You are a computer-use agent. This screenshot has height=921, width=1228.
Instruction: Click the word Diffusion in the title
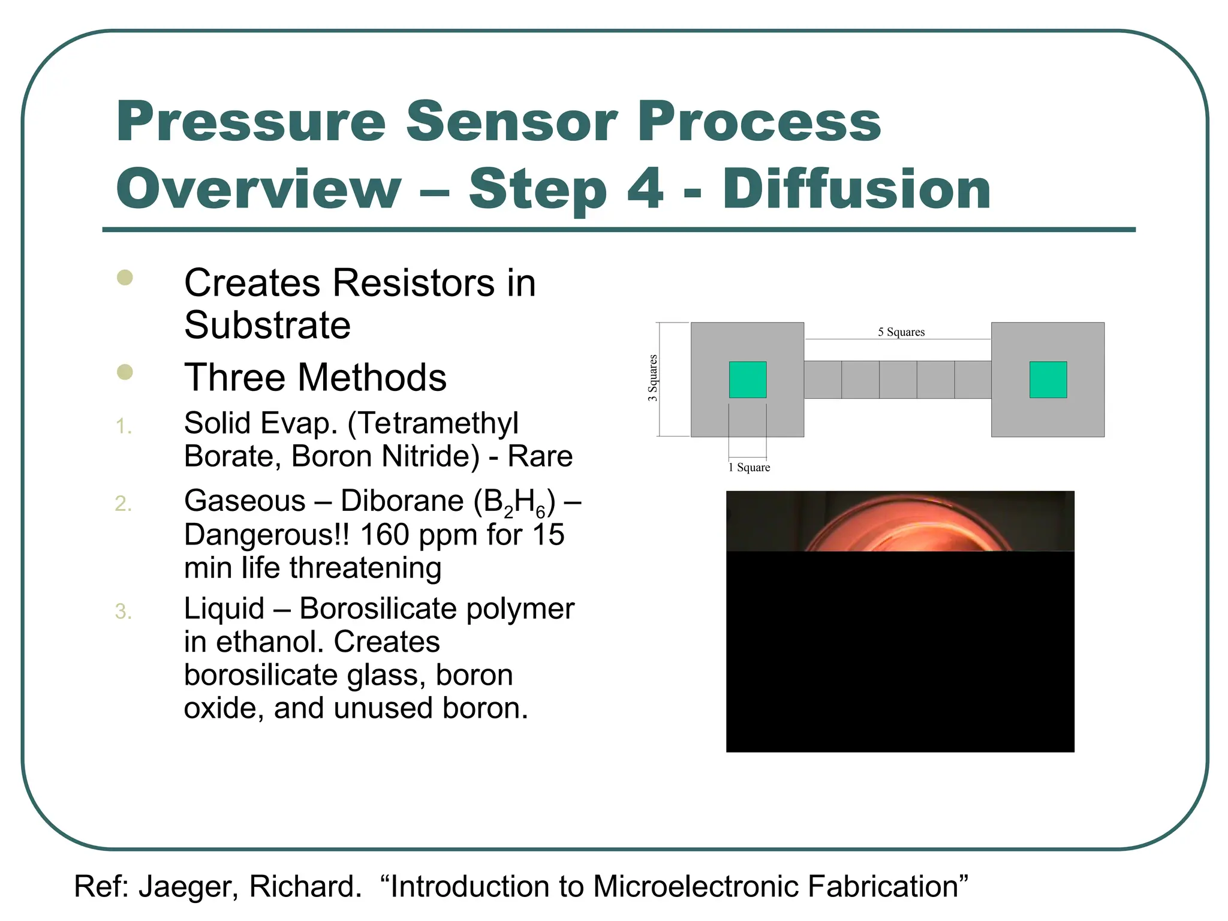(856, 189)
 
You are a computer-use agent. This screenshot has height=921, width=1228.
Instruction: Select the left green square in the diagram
(747, 380)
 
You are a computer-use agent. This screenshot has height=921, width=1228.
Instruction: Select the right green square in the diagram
(1048, 380)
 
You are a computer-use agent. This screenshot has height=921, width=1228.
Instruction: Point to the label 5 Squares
(901, 332)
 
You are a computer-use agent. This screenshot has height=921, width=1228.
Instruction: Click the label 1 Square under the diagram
(749, 467)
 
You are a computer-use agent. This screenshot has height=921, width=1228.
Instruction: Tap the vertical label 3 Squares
(652, 378)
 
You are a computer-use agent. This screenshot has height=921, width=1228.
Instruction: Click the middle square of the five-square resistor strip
(898, 380)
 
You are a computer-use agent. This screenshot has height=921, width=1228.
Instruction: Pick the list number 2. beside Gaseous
(124, 504)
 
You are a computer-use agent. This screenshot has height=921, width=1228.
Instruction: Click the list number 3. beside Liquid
(124, 612)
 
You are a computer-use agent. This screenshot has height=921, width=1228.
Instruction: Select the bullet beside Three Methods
(125, 372)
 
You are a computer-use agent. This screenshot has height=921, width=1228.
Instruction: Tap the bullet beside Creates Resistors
(125, 278)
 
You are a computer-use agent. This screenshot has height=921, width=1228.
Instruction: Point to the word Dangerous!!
(266, 534)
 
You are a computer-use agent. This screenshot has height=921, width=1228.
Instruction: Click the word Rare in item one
(540, 456)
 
